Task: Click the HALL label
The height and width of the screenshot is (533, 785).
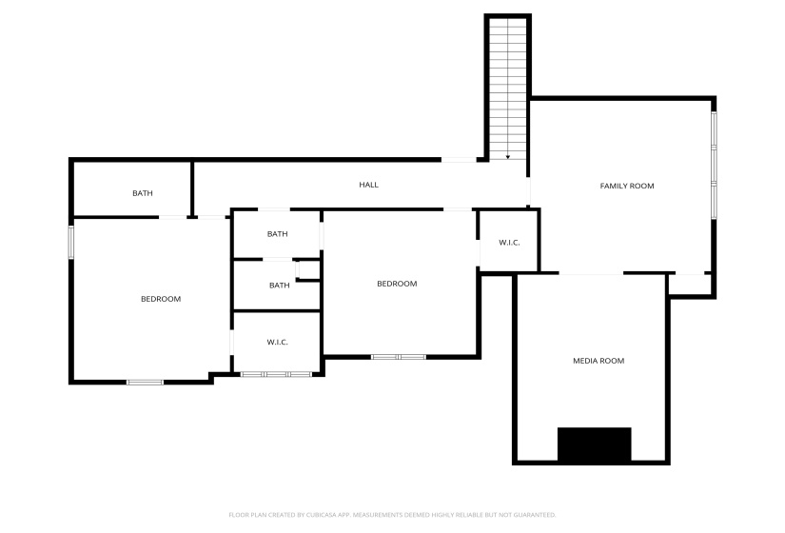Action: (x=368, y=185)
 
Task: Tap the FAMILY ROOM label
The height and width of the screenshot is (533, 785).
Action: (x=627, y=186)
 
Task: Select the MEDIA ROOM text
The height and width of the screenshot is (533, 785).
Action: (x=599, y=361)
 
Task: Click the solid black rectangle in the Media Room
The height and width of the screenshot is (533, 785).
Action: (x=595, y=444)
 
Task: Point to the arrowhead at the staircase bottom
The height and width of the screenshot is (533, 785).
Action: (x=508, y=157)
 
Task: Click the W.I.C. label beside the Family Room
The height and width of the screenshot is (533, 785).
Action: (x=509, y=243)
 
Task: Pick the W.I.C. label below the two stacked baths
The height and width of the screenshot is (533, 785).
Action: (x=277, y=342)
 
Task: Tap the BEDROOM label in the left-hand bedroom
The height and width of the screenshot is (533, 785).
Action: (x=161, y=299)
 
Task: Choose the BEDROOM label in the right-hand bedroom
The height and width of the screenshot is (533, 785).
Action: (x=397, y=284)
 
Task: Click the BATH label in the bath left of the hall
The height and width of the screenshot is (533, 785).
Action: (x=143, y=193)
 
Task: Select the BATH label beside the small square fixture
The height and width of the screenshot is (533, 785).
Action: (x=280, y=285)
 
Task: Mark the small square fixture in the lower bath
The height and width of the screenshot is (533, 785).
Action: (x=308, y=270)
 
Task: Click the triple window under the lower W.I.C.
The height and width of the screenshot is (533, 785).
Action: (x=276, y=374)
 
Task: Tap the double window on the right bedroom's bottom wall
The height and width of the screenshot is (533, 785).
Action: (x=399, y=357)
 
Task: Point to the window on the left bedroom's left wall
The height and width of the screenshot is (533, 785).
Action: (x=71, y=243)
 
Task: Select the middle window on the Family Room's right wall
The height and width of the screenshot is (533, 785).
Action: (x=714, y=165)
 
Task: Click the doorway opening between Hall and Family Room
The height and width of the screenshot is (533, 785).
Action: (x=528, y=191)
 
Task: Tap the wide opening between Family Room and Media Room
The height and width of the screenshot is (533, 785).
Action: (x=591, y=273)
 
